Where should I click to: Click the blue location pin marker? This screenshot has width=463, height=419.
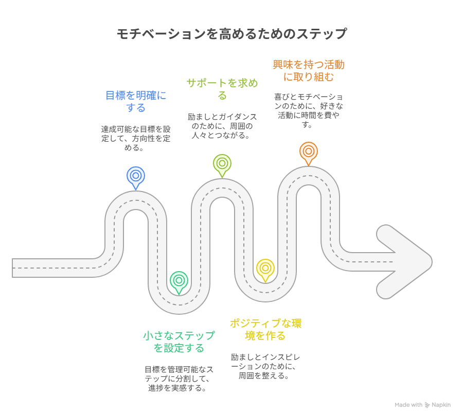point(136,176)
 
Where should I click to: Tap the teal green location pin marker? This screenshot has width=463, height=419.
point(179,280)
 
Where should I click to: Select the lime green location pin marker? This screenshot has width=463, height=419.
point(222,164)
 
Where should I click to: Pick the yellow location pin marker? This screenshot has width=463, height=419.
point(265,268)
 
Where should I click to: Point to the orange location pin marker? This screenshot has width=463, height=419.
point(309,151)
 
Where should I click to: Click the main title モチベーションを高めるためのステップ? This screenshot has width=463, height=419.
point(232,34)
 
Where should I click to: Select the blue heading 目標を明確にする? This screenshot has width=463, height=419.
point(136,101)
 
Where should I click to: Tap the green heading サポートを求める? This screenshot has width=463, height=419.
point(222,89)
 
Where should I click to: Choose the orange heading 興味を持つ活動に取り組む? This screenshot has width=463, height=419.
point(309,71)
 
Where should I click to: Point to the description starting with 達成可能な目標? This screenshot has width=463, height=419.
point(136,138)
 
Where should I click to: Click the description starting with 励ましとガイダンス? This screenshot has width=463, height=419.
point(222,126)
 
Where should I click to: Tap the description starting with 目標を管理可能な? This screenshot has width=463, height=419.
point(179,378)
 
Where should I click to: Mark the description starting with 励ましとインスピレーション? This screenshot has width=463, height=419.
point(265,366)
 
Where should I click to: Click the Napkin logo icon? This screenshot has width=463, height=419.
point(427,405)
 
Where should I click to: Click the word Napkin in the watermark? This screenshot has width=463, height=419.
point(441,405)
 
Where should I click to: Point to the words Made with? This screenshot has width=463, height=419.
point(408,405)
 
